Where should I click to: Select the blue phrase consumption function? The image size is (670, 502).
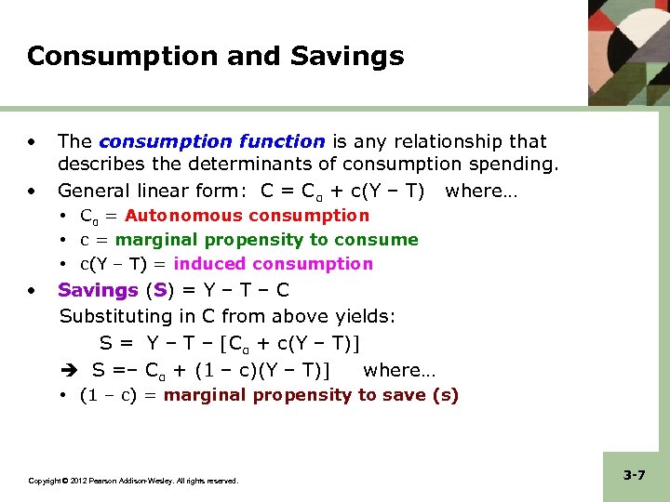[x=211, y=141]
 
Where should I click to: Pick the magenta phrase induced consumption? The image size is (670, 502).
[x=274, y=264]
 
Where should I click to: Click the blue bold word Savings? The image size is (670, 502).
[x=98, y=290]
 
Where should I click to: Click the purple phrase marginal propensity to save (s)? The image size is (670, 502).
[x=311, y=395]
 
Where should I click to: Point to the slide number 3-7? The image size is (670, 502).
[x=635, y=475]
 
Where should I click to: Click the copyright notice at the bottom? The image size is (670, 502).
[x=133, y=481]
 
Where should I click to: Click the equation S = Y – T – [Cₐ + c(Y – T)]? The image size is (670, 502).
[x=230, y=344]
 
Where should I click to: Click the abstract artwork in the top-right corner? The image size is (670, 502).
[x=628, y=50]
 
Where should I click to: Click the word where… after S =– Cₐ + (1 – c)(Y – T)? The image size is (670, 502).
[x=399, y=370]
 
